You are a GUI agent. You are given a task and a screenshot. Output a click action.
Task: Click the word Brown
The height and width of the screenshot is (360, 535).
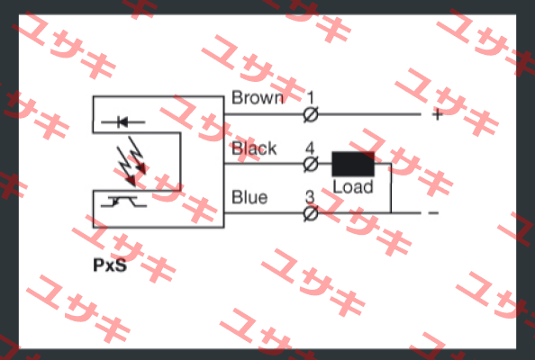[x=258, y=98]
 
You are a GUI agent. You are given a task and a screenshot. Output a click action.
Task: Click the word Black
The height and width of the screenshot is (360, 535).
[x=254, y=148]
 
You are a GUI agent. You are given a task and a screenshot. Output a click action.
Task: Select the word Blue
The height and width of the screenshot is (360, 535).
[x=249, y=197]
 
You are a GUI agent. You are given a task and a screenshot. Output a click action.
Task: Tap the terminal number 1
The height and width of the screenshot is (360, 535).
[x=310, y=98]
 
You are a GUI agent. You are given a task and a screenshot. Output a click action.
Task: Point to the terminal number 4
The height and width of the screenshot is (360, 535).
[x=310, y=148]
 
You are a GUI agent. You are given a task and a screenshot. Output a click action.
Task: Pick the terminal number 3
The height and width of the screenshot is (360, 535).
[x=310, y=197]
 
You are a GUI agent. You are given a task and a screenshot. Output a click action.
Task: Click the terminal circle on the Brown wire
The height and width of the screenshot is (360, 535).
[x=311, y=114]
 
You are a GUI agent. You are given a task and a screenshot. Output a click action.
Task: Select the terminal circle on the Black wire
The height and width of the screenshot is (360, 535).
[x=311, y=165]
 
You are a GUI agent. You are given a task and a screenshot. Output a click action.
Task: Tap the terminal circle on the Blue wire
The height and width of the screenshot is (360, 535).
[x=311, y=214]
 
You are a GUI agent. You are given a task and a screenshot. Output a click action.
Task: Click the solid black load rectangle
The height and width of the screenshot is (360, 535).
[x=353, y=164]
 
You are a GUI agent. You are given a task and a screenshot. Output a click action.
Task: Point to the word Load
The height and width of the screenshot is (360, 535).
[x=353, y=187]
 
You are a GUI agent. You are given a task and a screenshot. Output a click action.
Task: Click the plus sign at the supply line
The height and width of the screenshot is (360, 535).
[x=438, y=114]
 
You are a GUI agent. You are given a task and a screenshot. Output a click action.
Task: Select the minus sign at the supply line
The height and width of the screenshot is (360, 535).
[x=433, y=213]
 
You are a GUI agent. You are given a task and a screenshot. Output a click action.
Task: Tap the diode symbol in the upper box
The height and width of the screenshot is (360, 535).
[x=123, y=121]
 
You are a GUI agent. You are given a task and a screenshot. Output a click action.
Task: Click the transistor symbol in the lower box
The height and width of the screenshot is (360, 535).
[x=123, y=202]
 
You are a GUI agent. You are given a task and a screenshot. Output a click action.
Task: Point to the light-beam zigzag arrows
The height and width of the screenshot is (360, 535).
[x=131, y=161]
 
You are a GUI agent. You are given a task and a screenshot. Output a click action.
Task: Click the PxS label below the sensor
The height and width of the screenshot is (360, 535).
[x=110, y=265]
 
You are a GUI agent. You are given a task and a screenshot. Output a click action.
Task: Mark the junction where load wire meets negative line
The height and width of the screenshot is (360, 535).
[x=391, y=213]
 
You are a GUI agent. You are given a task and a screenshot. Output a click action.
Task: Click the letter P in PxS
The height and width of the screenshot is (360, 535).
[x=99, y=265]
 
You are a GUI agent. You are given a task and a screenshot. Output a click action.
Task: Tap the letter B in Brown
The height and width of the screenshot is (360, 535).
[x=237, y=98]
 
